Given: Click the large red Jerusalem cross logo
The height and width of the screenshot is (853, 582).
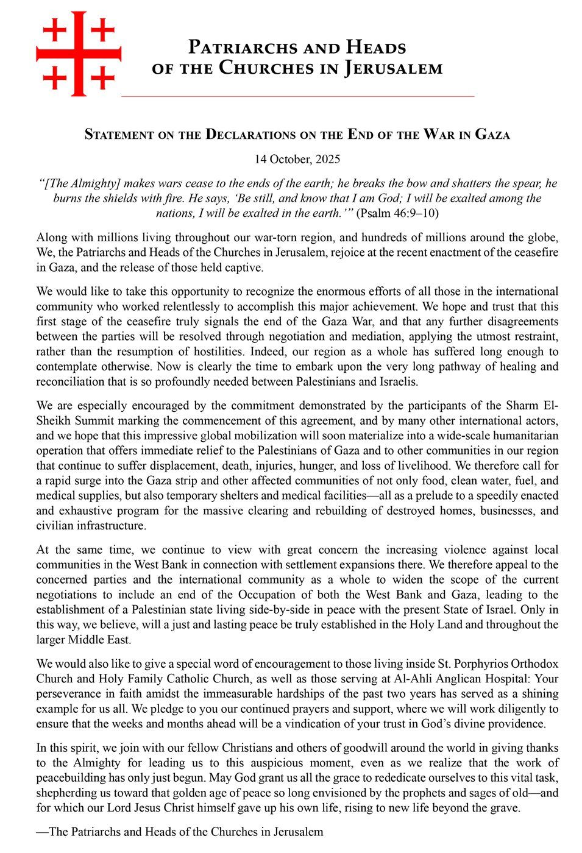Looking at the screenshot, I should (79, 54).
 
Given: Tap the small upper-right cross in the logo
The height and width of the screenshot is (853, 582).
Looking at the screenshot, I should (103, 30).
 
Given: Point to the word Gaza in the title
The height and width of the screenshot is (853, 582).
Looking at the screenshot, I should (492, 135).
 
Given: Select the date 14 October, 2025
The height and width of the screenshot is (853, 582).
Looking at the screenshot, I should (297, 160).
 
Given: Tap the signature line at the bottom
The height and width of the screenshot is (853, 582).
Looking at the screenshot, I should (180, 832).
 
